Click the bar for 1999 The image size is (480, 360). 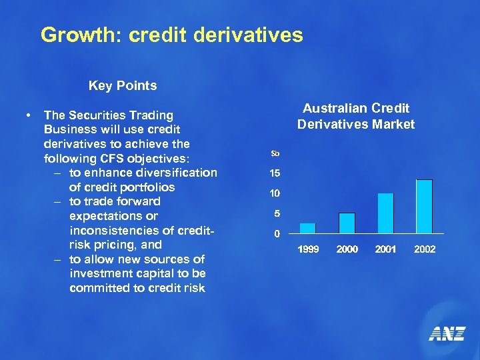[x=307, y=228]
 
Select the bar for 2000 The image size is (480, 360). [x=347, y=223]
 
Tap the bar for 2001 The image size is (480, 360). [x=385, y=213]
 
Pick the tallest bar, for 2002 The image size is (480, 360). [x=424, y=206]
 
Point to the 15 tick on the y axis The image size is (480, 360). [x=275, y=173]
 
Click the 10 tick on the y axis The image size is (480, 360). [x=275, y=193]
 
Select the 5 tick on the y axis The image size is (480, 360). [x=276, y=214]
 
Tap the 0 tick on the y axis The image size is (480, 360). [x=276, y=234]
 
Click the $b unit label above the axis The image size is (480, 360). [x=275, y=154]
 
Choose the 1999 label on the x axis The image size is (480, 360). [x=308, y=249]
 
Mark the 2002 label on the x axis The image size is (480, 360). [x=425, y=249]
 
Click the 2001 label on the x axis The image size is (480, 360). [x=386, y=249]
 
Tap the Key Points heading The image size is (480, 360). [x=123, y=85]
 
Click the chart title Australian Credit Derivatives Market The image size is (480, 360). [x=356, y=116]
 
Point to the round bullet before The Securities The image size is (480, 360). [x=27, y=115]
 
